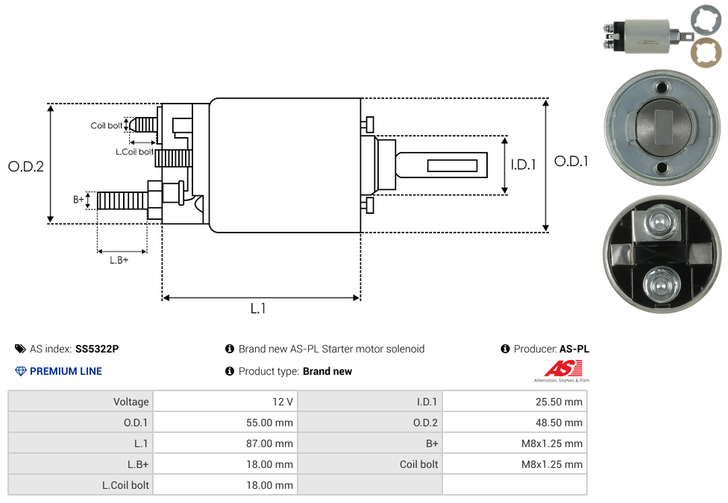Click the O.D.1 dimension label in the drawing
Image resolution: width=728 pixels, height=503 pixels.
click(x=571, y=161)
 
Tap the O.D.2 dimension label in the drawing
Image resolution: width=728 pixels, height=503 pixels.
click(x=26, y=166)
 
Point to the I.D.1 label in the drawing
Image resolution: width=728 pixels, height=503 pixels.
click(x=523, y=165)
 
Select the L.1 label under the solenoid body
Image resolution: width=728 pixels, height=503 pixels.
click(x=258, y=309)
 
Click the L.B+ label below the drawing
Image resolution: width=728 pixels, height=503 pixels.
click(x=119, y=260)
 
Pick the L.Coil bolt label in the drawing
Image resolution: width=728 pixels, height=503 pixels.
click(x=134, y=152)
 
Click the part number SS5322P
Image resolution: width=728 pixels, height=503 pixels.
click(x=97, y=349)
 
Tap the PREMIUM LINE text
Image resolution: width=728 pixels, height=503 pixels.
click(x=66, y=371)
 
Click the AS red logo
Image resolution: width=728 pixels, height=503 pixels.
click(x=562, y=368)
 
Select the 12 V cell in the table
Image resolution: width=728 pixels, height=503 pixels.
click(x=283, y=402)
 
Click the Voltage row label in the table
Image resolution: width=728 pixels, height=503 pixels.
click(x=131, y=402)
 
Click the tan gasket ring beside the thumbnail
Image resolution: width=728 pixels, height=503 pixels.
click(x=705, y=53)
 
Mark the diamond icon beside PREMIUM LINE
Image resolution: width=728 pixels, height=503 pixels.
click(x=20, y=371)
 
